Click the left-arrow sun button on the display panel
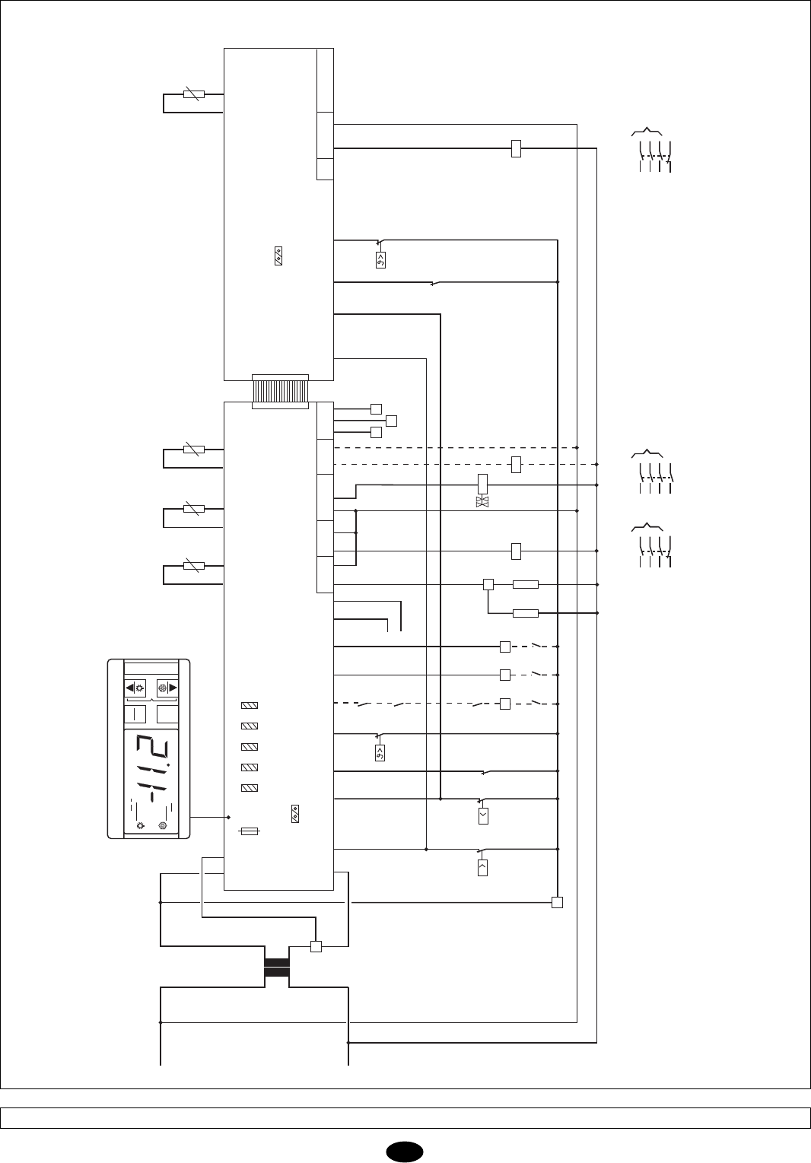[x=135, y=687]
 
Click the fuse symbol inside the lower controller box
[x=251, y=832]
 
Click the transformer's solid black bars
[x=277, y=968]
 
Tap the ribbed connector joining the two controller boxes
[x=280, y=391]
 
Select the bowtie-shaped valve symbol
[x=482, y=502]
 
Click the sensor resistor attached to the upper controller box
[x=194, y=95]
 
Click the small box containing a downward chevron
[x=482, y=817]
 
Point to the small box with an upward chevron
[x=482, y=867]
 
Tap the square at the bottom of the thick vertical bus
[x=557, y=903]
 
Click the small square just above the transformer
[x=316, y=947]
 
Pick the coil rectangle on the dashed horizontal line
[x=516, y=464]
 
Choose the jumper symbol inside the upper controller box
[x=278, y=257]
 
